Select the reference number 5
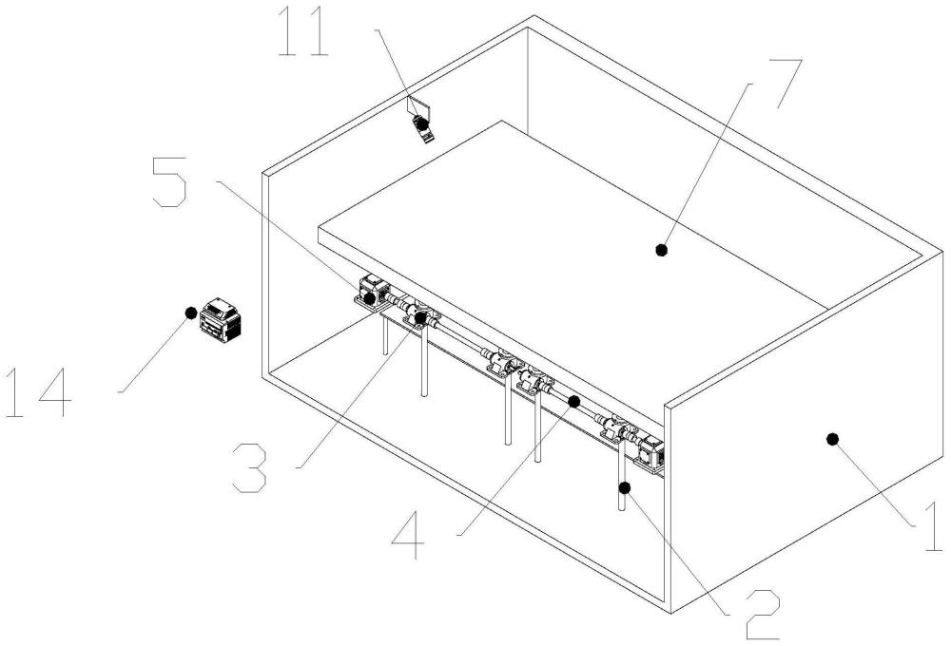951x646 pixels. point(169,181)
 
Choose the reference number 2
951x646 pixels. point(763,614)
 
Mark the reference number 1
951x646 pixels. point(934,525)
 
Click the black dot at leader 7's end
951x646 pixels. point(662,249)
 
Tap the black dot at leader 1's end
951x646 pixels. point(833,439)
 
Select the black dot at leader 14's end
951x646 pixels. point(191,313)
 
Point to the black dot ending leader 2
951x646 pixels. point(625,486)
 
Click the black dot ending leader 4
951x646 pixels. point(573,401)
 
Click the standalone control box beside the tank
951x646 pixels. point(222,319)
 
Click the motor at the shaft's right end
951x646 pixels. point(650,453)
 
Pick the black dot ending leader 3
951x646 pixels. point(420,317)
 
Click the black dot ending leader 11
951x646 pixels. point(421,123)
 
